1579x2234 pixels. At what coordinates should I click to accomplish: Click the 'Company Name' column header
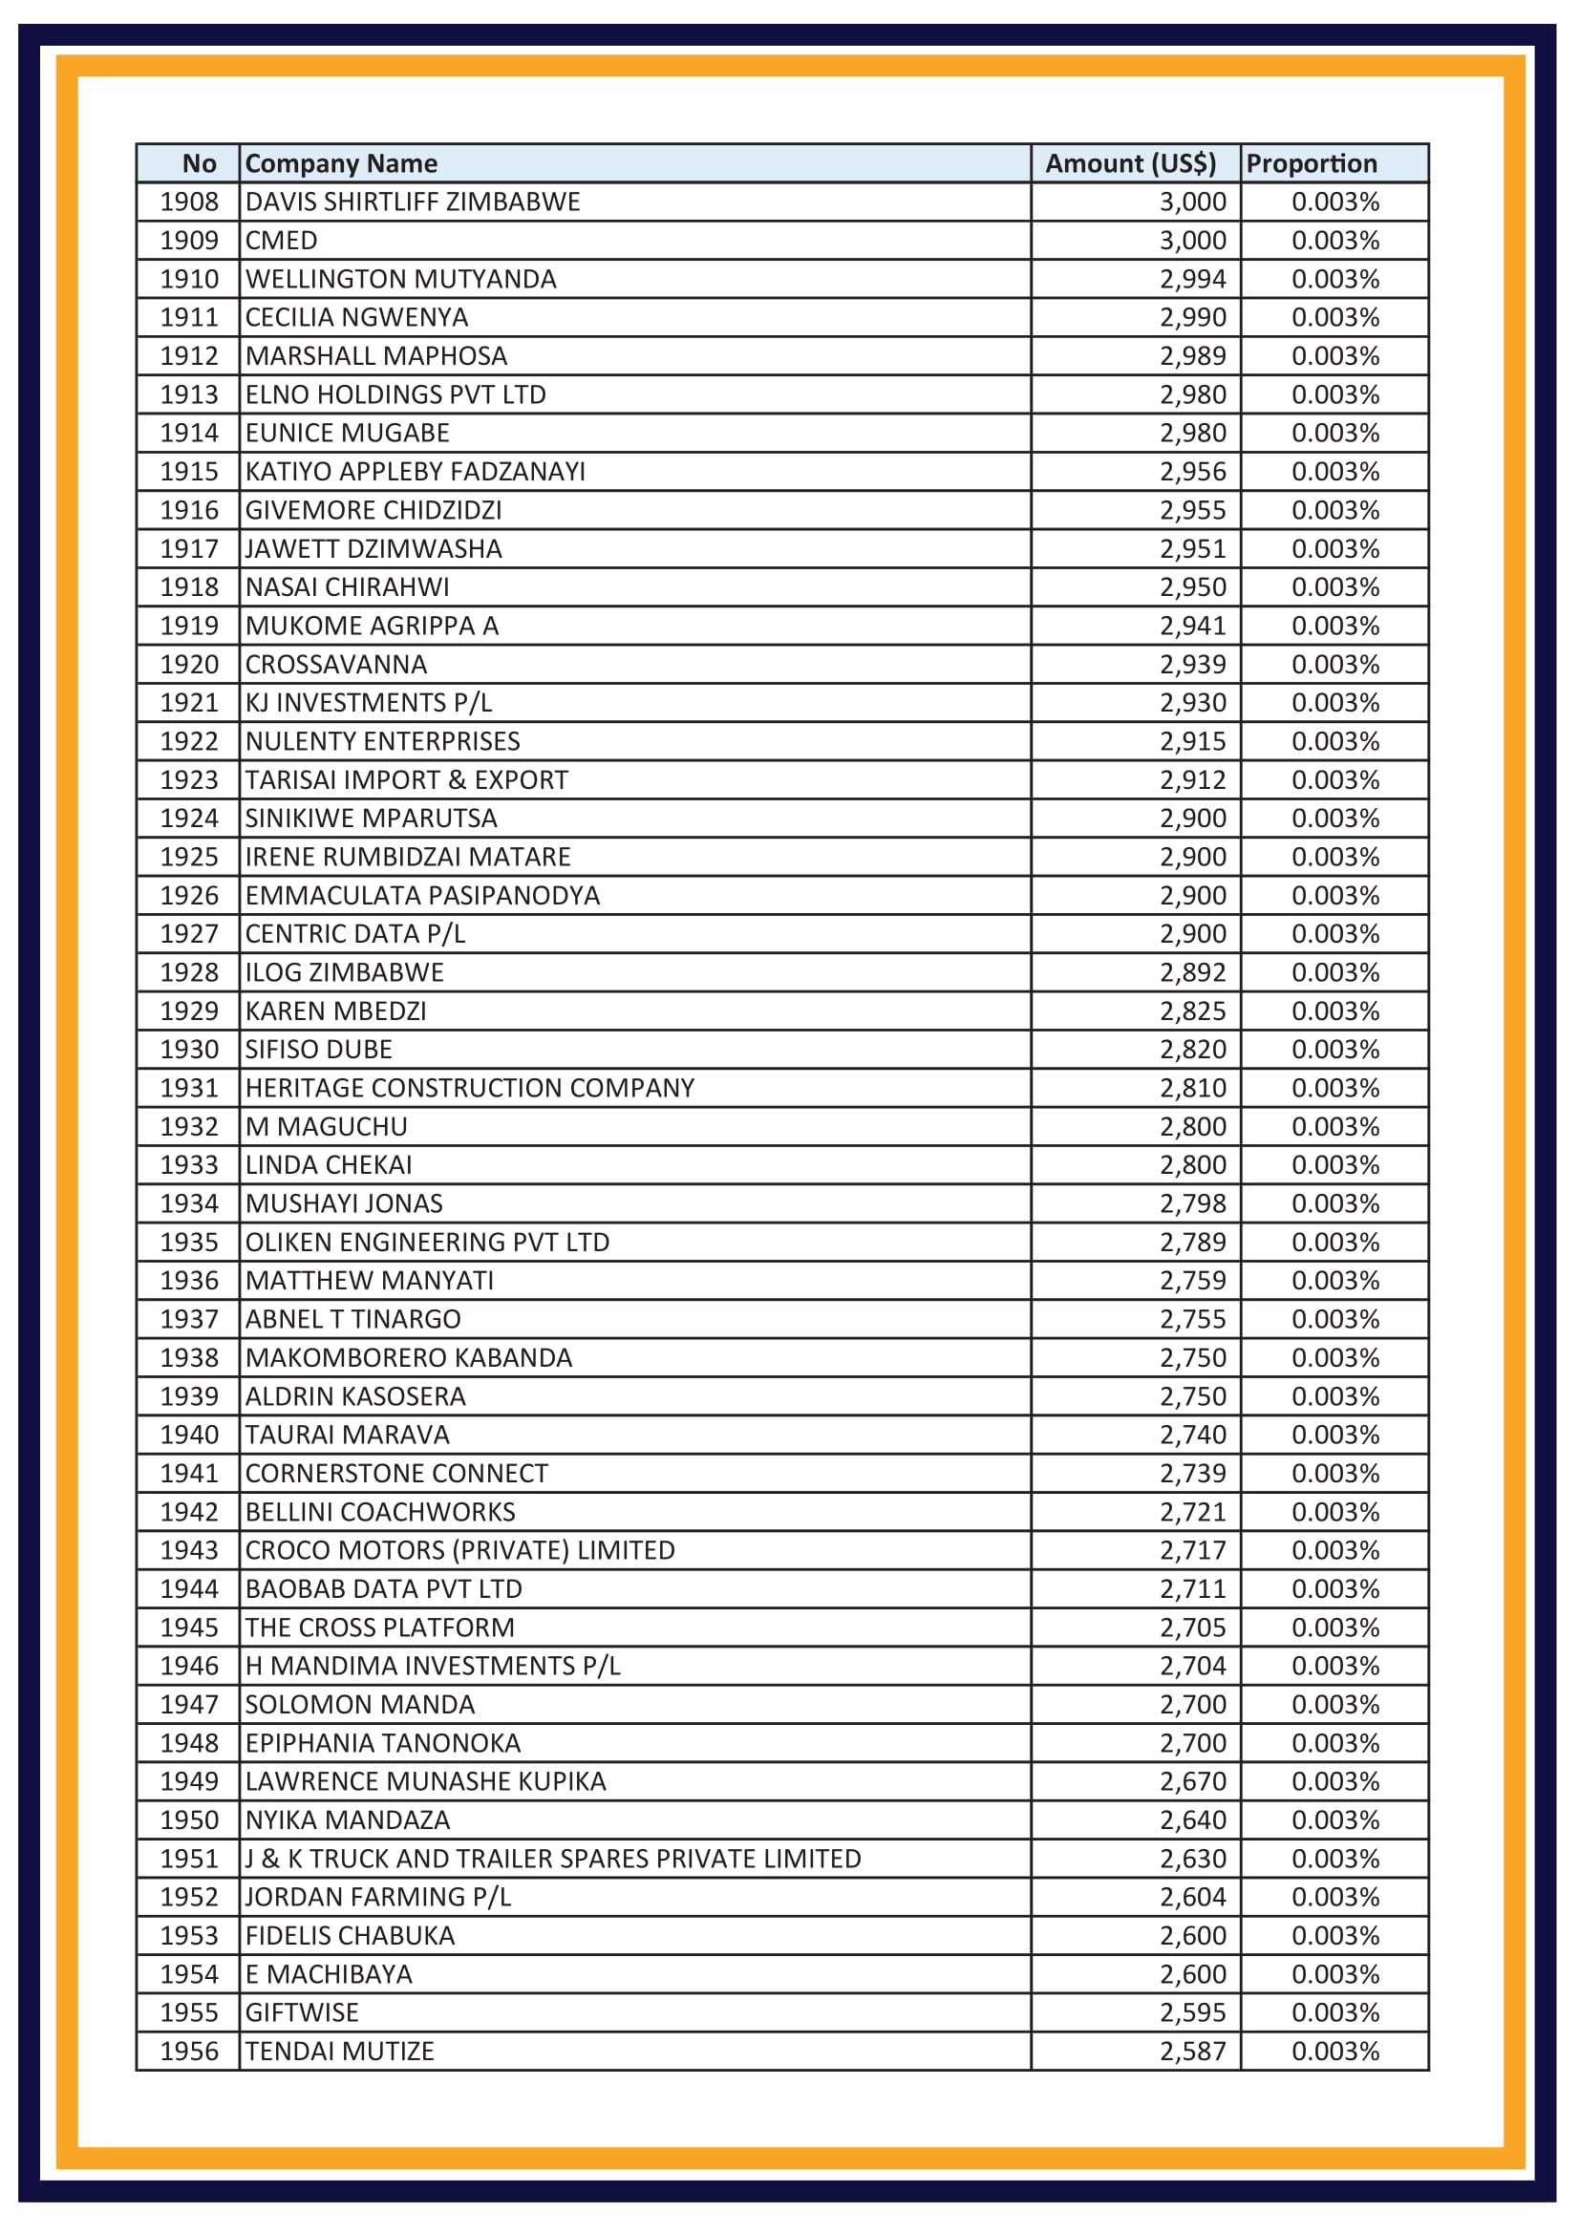pos(340,163)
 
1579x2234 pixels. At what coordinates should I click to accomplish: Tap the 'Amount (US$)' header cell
pos(1129,163)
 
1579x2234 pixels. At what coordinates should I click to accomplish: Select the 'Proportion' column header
pos(1311,163)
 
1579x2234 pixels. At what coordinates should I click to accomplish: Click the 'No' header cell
pos(199,163)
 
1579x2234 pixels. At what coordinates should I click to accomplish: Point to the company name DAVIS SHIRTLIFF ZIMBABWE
pos(413,202)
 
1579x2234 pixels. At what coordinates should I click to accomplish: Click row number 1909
pos(189,241)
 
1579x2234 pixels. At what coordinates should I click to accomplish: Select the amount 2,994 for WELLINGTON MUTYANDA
pos(1192,279)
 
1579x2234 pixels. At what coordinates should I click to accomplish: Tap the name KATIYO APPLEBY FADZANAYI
pos(415,472)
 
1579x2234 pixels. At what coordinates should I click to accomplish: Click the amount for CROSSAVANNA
pos(1192,665)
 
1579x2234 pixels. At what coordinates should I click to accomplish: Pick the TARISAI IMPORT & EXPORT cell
pos(406,780)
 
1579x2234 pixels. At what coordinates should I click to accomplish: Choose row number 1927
pos(189,934)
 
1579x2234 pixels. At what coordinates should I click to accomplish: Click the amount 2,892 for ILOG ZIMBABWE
pos(1192,973)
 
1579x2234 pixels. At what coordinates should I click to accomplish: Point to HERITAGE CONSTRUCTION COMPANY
pos(469,1088)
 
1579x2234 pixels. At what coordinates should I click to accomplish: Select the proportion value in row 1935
pos(1334,1243)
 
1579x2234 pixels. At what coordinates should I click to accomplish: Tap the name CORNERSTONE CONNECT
pos(396,1473)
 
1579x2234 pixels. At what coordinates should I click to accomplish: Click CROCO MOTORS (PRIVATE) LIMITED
pos(459,1550)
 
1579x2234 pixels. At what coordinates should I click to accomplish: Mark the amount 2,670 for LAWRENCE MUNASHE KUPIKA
pos(1192,1781)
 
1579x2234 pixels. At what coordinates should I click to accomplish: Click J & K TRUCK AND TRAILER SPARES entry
pos(552,1859)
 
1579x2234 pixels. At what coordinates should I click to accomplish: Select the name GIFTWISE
pos(302,2012)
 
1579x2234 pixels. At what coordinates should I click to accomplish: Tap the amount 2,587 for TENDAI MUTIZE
pos(1192,2051)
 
